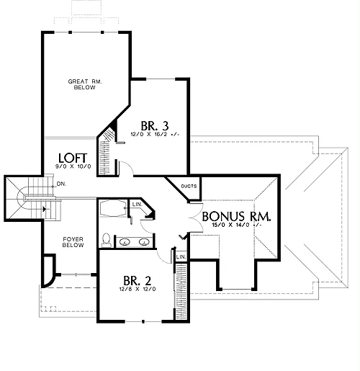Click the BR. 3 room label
[x=155, y=125]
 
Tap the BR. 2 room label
[x=138, y=280]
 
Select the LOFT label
[x=73, y=158]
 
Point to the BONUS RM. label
[x=236, y=216]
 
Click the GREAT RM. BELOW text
[x=85, y=84]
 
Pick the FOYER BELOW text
[x=73, y=242]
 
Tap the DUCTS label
[x=189, y=186]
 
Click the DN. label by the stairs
[x=61, y=184]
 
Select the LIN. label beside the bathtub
[x=138, y=205]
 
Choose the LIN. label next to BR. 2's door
[x=181, y=256]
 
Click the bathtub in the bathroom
[x=113, y=208]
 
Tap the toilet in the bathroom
[x=106, y=240]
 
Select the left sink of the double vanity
[x=125, y=242]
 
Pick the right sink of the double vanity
[x=144, y=242]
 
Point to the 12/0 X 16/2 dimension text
[x=155, y=134]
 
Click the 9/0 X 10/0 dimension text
[x=73, y=166]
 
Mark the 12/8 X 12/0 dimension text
[x=138, y=289]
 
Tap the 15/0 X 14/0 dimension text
[x=236, y=225]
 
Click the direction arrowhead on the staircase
[x=44, y=209]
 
